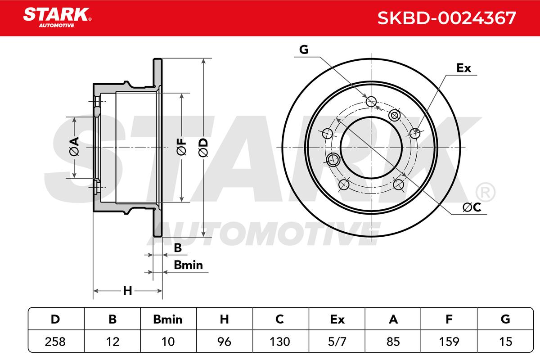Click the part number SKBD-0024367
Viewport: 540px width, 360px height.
[446, 18]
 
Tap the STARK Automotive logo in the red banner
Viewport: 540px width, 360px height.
[57, 18]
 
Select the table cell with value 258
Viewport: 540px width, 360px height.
[55, 342]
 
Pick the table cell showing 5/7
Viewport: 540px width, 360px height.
[337, 342]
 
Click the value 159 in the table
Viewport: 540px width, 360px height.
[449, 342]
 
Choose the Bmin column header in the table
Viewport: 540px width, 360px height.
[168, 319]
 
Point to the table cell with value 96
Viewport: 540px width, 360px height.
[224, 342]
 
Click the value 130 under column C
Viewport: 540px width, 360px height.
[279, 342]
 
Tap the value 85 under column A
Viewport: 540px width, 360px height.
[393, 342]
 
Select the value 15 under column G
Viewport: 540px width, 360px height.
[505, 342]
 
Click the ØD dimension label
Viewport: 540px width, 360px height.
[203, 148]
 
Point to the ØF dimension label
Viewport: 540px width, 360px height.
[181, 147]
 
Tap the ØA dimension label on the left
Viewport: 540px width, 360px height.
[74, 146]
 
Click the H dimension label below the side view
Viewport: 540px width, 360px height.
[127, 291]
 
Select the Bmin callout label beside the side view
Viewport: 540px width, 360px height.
[188, 265]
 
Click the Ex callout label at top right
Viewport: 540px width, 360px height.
[463, 68]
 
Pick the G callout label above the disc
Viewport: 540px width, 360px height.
[304, 49]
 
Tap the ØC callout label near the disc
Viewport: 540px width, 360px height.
[472, 207]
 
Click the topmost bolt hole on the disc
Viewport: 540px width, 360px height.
[371, 101]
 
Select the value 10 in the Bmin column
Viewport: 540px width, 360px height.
[168, 342]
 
